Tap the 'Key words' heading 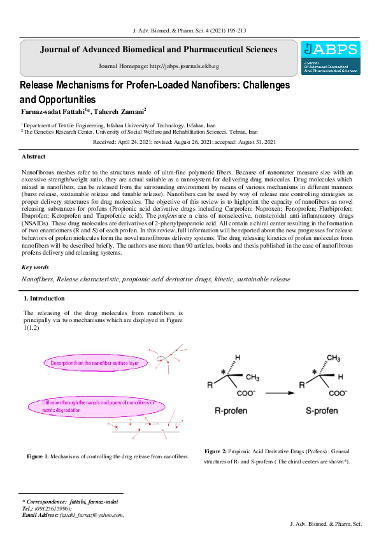35,267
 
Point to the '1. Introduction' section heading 44,298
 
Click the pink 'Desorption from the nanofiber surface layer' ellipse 96,362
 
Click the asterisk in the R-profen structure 223,371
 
